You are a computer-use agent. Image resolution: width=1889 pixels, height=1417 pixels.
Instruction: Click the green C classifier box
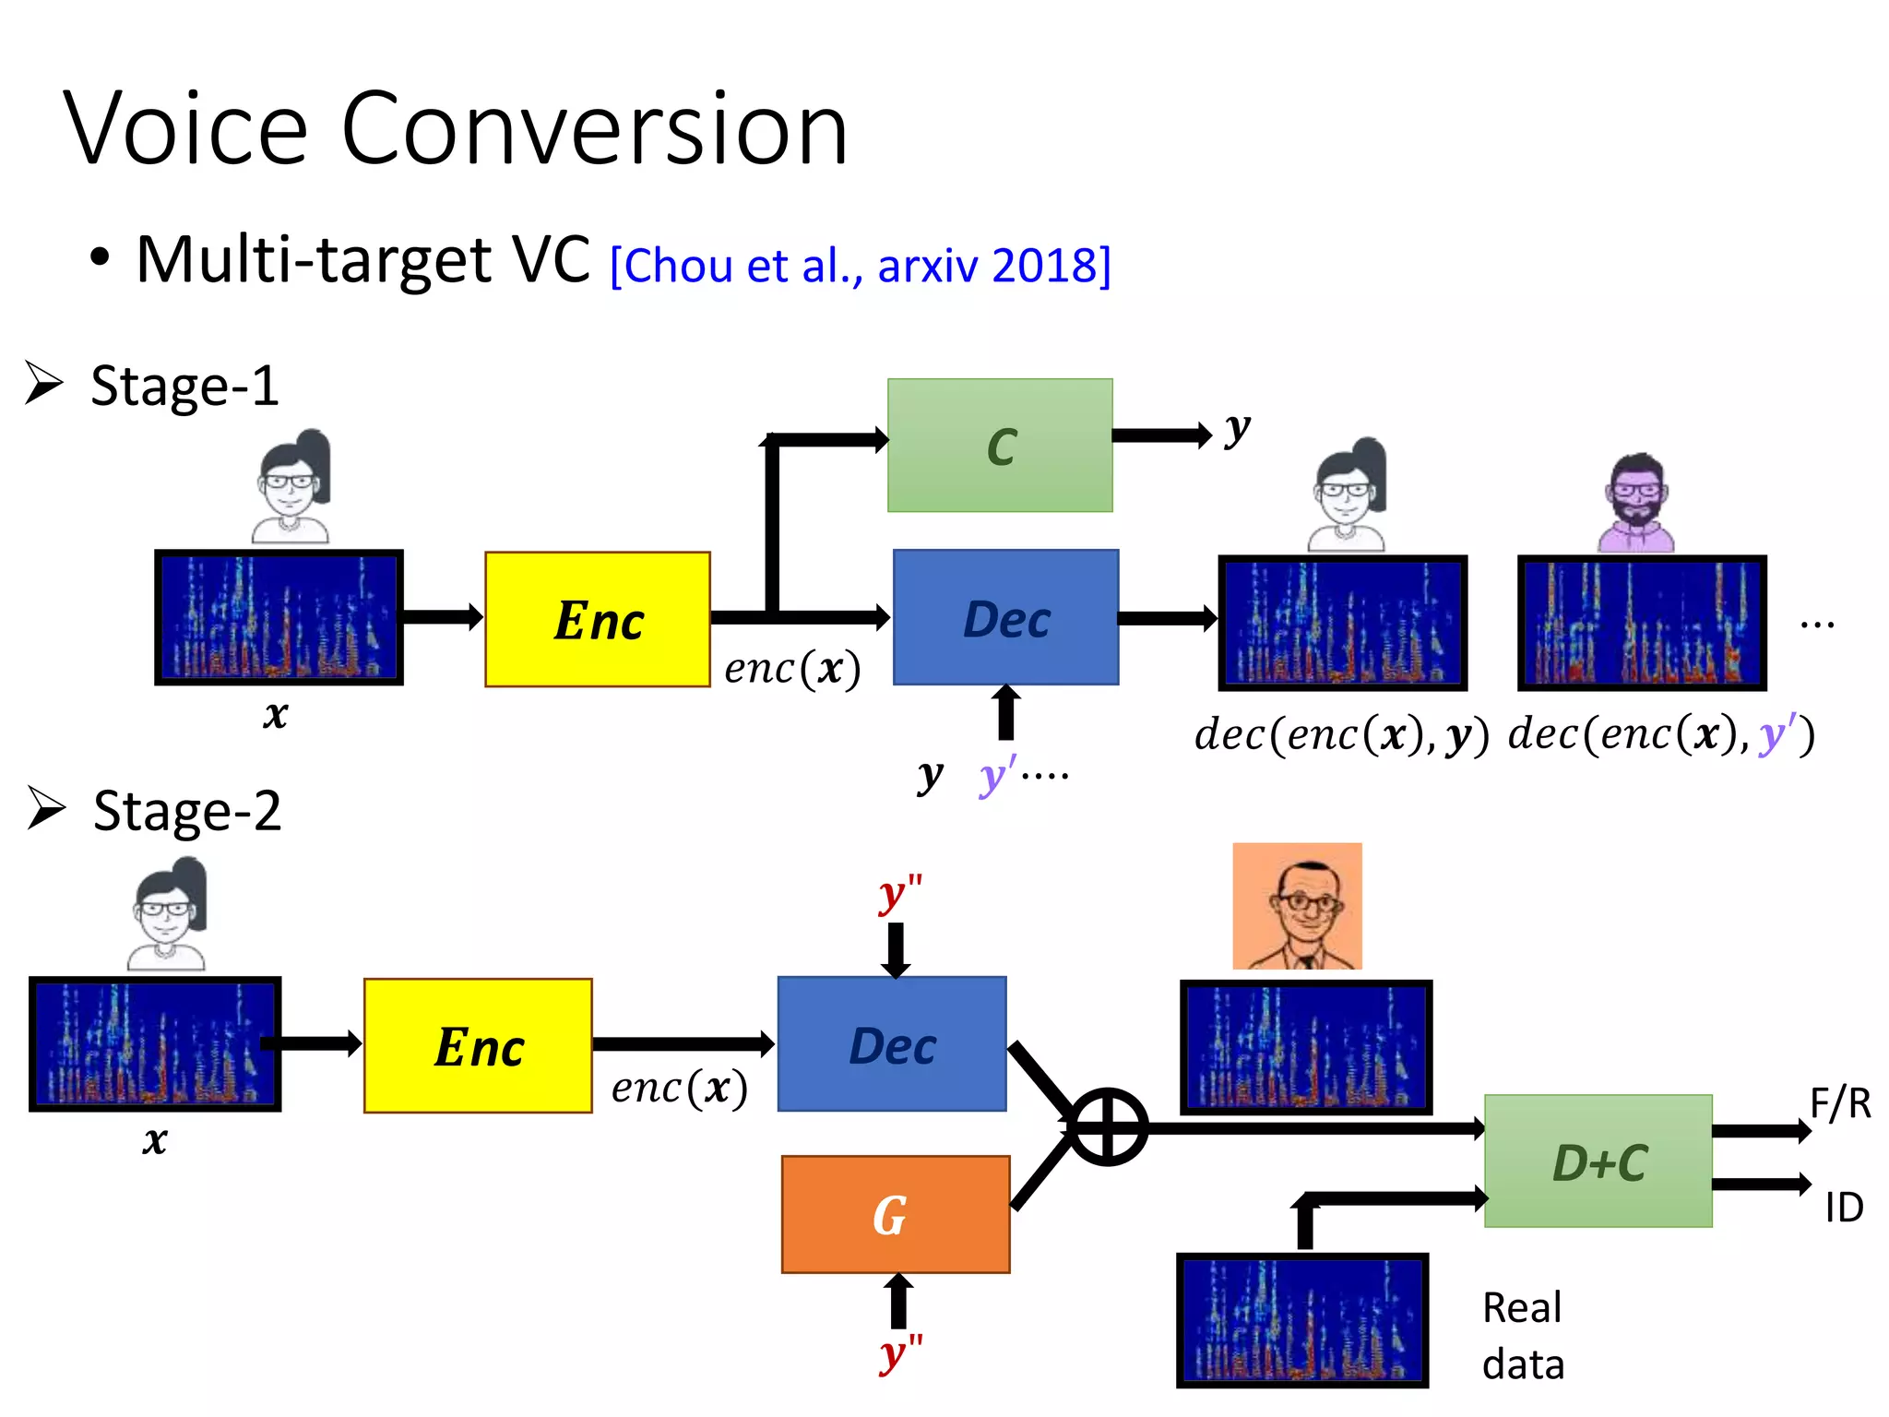tap(1000, 445)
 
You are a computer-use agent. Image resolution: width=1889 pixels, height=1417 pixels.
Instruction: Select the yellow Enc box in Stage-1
tap(598, 619)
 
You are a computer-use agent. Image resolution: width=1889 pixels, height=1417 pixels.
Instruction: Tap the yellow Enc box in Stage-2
tap(478, 1046)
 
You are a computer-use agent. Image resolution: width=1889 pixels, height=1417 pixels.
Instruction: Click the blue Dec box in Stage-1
tap(1005, 617)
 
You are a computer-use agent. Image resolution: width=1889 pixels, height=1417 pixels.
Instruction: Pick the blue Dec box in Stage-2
tap(892, 1044)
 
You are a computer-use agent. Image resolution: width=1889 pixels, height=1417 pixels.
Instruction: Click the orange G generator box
tap(895, 1214)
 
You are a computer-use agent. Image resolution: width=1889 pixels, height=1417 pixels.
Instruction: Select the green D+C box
tap(1598, 1161)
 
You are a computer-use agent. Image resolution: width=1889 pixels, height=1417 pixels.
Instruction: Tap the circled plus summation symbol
tap(1108, 1126)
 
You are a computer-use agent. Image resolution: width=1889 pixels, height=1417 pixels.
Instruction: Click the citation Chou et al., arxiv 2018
tap(861, 266)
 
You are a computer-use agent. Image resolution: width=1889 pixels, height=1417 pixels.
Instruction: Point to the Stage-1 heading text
tap(184, 386)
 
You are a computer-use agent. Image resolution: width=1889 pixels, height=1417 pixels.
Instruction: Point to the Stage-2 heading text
tap(187, 811)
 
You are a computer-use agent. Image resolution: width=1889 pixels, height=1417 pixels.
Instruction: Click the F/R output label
tap(1839, 1103)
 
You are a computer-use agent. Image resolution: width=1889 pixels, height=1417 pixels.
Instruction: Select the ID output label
tap(1844, 1207)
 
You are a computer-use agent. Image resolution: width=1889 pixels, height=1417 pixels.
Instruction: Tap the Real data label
tap(1523, 1335)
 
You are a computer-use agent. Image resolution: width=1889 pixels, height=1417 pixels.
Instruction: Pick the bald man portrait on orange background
tap(1297, 906)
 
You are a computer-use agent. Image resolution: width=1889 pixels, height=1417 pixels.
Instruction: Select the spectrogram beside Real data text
tap(1302, 1319)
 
